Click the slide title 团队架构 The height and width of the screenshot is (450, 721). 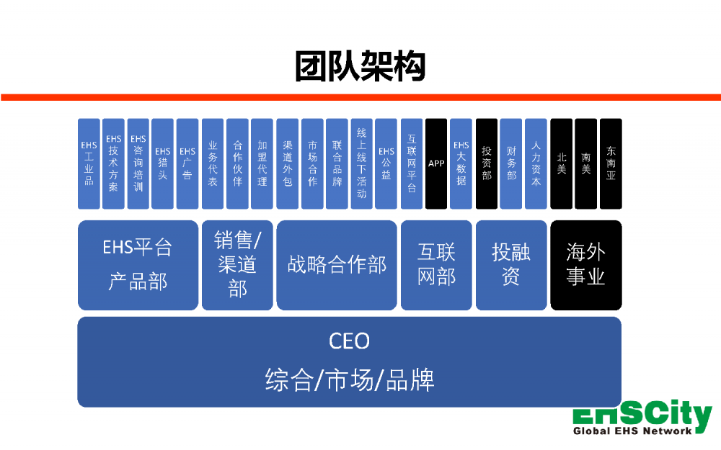click(360, 66)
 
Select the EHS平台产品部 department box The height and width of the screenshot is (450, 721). click(138, 265)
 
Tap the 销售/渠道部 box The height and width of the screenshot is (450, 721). click(237, 265)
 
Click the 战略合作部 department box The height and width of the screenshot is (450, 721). click(337, 265)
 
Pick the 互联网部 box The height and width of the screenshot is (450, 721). click(436, 265)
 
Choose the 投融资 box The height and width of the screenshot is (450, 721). click(511, 265)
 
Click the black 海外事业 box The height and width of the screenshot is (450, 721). click(585, 265)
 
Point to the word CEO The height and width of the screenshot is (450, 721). click(349, 341)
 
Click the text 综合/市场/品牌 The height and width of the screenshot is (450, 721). click(349, 379)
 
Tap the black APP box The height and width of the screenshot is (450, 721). click(436, 164)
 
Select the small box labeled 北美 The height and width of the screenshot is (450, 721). click(561, 164)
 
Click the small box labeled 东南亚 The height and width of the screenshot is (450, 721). click(611, 164)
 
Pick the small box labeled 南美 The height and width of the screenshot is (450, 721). click(585, 164)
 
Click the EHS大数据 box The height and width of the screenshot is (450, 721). click(461, 164)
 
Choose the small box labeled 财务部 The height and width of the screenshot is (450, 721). click(511, 164)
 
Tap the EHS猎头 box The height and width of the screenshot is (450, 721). click(162, 164)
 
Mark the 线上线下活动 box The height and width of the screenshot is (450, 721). click(361, 164)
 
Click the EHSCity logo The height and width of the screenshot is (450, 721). click(641, 416)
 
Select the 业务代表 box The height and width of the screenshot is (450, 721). click(212, 164)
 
